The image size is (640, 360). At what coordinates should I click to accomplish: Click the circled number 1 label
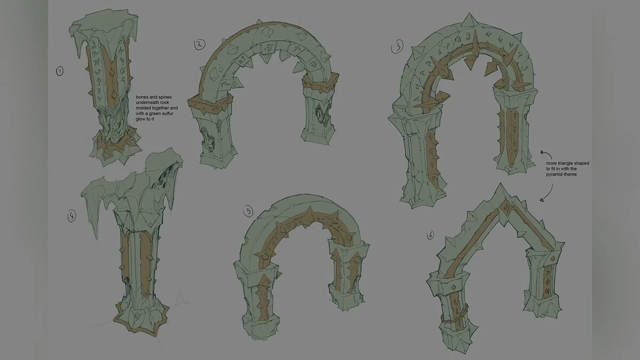(59, 71)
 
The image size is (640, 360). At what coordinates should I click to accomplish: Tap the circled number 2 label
(199, 44)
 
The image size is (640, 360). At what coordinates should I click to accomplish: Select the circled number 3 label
(397, 46)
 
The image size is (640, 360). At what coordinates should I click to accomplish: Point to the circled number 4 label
(71, 216)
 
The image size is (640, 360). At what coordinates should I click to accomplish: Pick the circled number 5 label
(248, 211)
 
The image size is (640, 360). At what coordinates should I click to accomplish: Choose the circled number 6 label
(430, 235)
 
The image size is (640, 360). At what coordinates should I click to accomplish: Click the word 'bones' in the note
(142, 97)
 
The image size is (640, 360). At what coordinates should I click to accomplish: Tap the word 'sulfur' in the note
(166, 114)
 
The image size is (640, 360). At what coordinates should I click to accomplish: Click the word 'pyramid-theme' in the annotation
(561, 174)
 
